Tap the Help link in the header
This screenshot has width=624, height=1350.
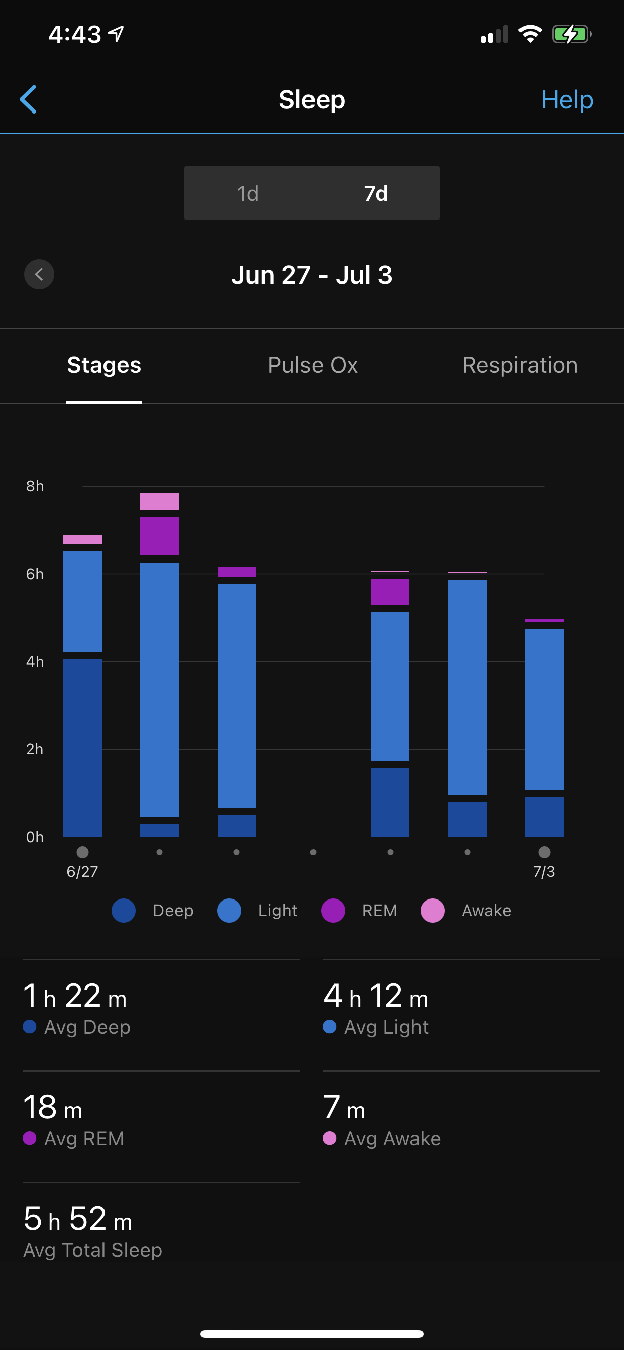click(567, 99)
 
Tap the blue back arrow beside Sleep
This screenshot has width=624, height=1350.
click(28, 99)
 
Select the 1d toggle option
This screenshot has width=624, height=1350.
click(248, 193)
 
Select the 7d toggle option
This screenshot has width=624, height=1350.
click(375, 193)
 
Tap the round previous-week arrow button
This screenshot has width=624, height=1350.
click(39, 274)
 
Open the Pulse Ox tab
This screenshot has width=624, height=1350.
click(313, 365)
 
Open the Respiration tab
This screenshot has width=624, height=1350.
click(519, 365)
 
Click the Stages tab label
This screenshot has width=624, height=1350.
click(104, 365)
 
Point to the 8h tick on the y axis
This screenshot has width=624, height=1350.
click(35, 486)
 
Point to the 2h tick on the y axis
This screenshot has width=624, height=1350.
click(35, 749)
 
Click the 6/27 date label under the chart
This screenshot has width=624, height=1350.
click(82, 871)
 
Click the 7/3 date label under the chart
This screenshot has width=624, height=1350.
click(544, 871)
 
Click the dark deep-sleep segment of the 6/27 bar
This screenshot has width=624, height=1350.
click(82, 748)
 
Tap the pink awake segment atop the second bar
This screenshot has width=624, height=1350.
click(159, 501)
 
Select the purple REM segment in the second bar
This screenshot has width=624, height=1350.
click(159, 535)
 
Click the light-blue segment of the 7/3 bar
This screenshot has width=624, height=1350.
click(544, 709)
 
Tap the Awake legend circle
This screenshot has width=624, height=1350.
click(433, 911)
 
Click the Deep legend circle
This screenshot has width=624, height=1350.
click(124, 911)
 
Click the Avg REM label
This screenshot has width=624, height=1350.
click(84, 1138)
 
